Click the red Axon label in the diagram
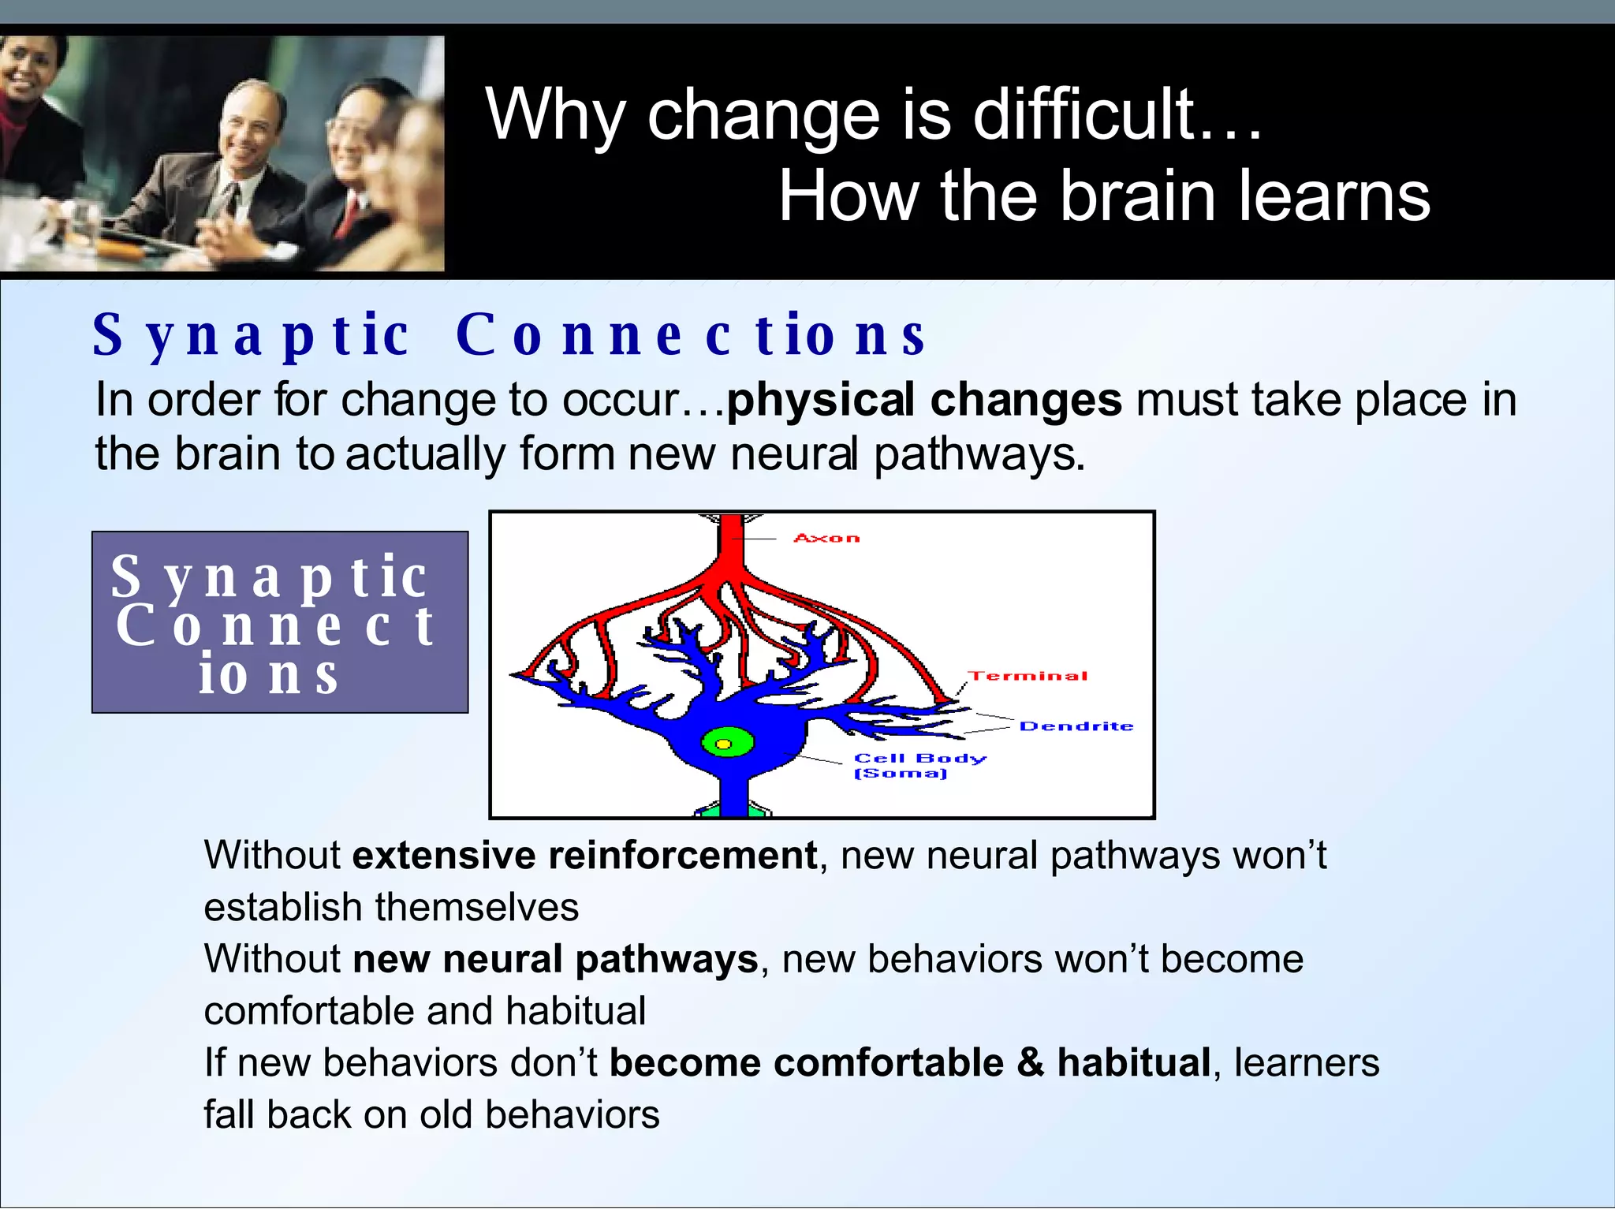[x=826, y=538]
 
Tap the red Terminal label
[x=1028, y=676]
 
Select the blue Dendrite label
[x=1076, y=726]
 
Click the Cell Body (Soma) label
[x=919, y=765]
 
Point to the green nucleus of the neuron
[x=727, y=743]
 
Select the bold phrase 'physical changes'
[x=923, y=399]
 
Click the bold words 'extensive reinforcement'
[x=584, y=856]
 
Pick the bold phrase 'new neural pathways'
[x=555, y=960]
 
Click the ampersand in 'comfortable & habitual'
[x=1030, y=1062]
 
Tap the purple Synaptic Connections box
[x=280, y=622]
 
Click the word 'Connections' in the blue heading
[x=691, y=335]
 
